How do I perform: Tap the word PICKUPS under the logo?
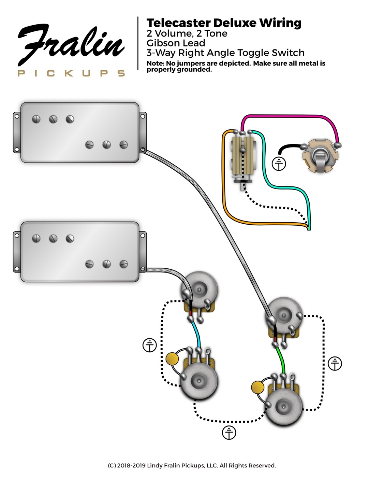pos(71,73)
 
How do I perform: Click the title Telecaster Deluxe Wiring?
pos(224,23)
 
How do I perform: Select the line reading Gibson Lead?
pos(176,43)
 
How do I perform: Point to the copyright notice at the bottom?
pos(192,465)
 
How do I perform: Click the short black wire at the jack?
pos(288,147)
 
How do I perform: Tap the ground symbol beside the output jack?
pos(279,164)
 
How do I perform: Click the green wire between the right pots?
pos(281,360)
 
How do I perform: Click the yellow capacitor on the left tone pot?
pos(173,358)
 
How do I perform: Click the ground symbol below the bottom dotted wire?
pos(229,433)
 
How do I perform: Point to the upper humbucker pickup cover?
pos(80,132)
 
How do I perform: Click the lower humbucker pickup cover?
pos(80,252)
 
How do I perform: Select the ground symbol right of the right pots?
pos(335,364)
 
